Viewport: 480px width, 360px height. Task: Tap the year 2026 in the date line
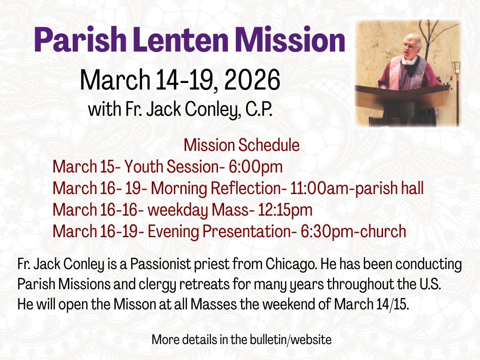pos(252,80)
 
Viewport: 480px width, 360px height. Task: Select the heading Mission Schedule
pos(241,145)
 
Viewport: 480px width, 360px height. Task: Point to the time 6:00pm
pos(255,167)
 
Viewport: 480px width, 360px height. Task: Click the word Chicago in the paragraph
pos(291,264)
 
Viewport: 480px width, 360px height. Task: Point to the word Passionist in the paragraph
pos(160,264)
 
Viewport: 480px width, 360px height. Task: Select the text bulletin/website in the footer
pos(291,340)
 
